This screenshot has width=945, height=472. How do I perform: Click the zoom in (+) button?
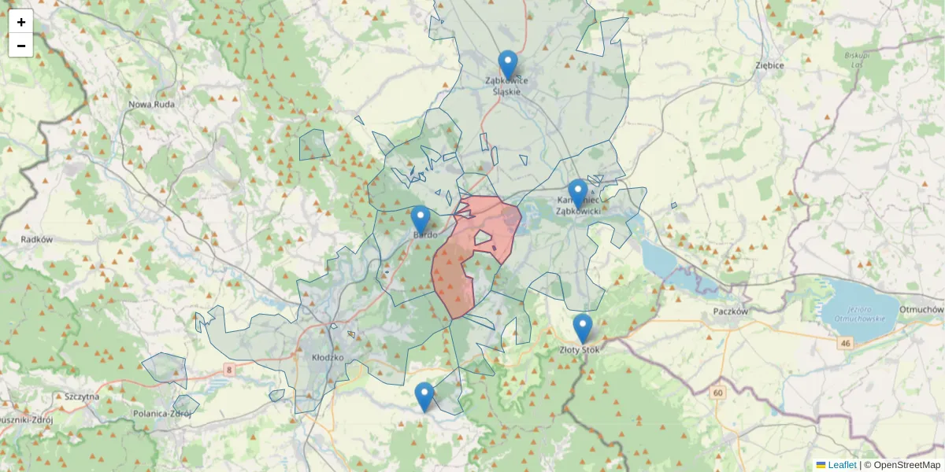pos(21,22)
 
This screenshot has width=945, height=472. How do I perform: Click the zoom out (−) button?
pos(21,46)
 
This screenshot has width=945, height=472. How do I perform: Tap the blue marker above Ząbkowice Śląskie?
pos(508,65)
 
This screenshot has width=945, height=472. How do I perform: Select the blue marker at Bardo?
pos(421,220)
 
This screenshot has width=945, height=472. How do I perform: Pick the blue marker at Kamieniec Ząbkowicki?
pos(578,194)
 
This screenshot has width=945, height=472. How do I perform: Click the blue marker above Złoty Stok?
pos(582,328)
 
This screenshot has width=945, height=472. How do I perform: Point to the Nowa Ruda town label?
pos(152,104)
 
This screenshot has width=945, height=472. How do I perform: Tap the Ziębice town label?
pos(769,65)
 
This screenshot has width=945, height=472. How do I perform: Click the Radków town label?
pos(36,239)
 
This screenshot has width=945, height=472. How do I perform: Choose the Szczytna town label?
pos(83,396)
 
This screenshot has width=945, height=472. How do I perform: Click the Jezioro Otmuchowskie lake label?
pos(862,312)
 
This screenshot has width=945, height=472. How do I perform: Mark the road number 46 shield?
pos(846,344)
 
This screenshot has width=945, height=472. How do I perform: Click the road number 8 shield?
pos(229,368)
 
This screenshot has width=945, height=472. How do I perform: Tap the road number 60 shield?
pos(717,392)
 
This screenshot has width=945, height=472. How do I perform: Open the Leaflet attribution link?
pos(842,465)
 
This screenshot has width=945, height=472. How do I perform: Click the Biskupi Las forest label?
pos(856,60)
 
